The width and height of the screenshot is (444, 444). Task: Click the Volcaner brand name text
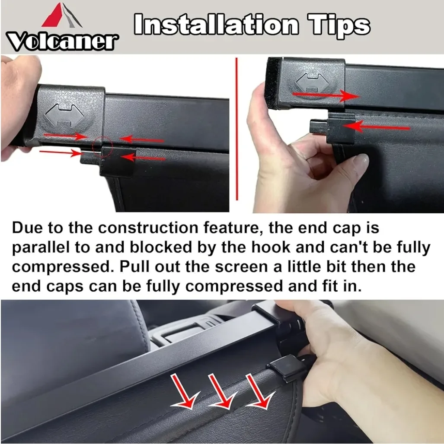(x=62, y=41)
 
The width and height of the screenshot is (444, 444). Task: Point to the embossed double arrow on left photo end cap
(x=64, y=115)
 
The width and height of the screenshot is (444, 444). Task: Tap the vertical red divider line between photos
(x=236, y=130)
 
